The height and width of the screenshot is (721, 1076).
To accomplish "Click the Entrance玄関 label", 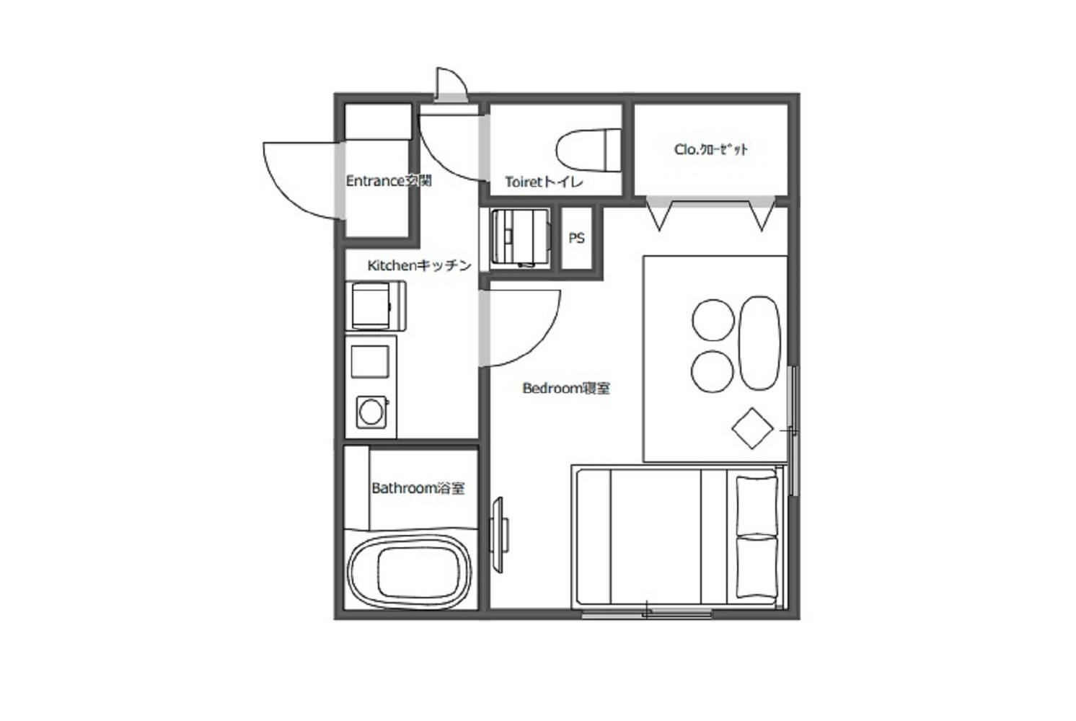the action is [389, 181].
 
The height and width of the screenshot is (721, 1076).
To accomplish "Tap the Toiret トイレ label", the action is [544, 182].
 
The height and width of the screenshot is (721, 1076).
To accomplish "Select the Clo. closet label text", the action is [711, 149].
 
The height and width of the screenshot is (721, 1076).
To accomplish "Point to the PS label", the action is [576, 238].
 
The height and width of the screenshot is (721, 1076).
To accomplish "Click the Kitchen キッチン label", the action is [419, 265].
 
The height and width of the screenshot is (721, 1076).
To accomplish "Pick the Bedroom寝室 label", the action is [566, 388].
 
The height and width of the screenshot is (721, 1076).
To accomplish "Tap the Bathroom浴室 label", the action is [418, 489].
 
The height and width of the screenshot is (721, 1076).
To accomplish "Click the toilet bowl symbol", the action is [588, 150].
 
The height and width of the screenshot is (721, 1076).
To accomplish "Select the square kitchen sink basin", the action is [370, 362].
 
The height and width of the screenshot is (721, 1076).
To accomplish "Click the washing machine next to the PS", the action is [520, 238].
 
